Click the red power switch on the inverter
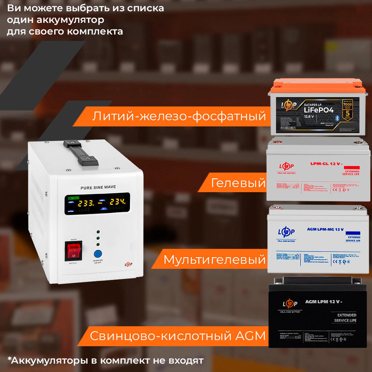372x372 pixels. pos(74,250)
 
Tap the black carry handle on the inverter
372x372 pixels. pos(80,153)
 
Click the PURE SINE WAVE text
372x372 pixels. pos(98,187)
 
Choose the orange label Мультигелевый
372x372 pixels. pos(214,259)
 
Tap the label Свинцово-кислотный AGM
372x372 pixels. pos(178,336)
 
